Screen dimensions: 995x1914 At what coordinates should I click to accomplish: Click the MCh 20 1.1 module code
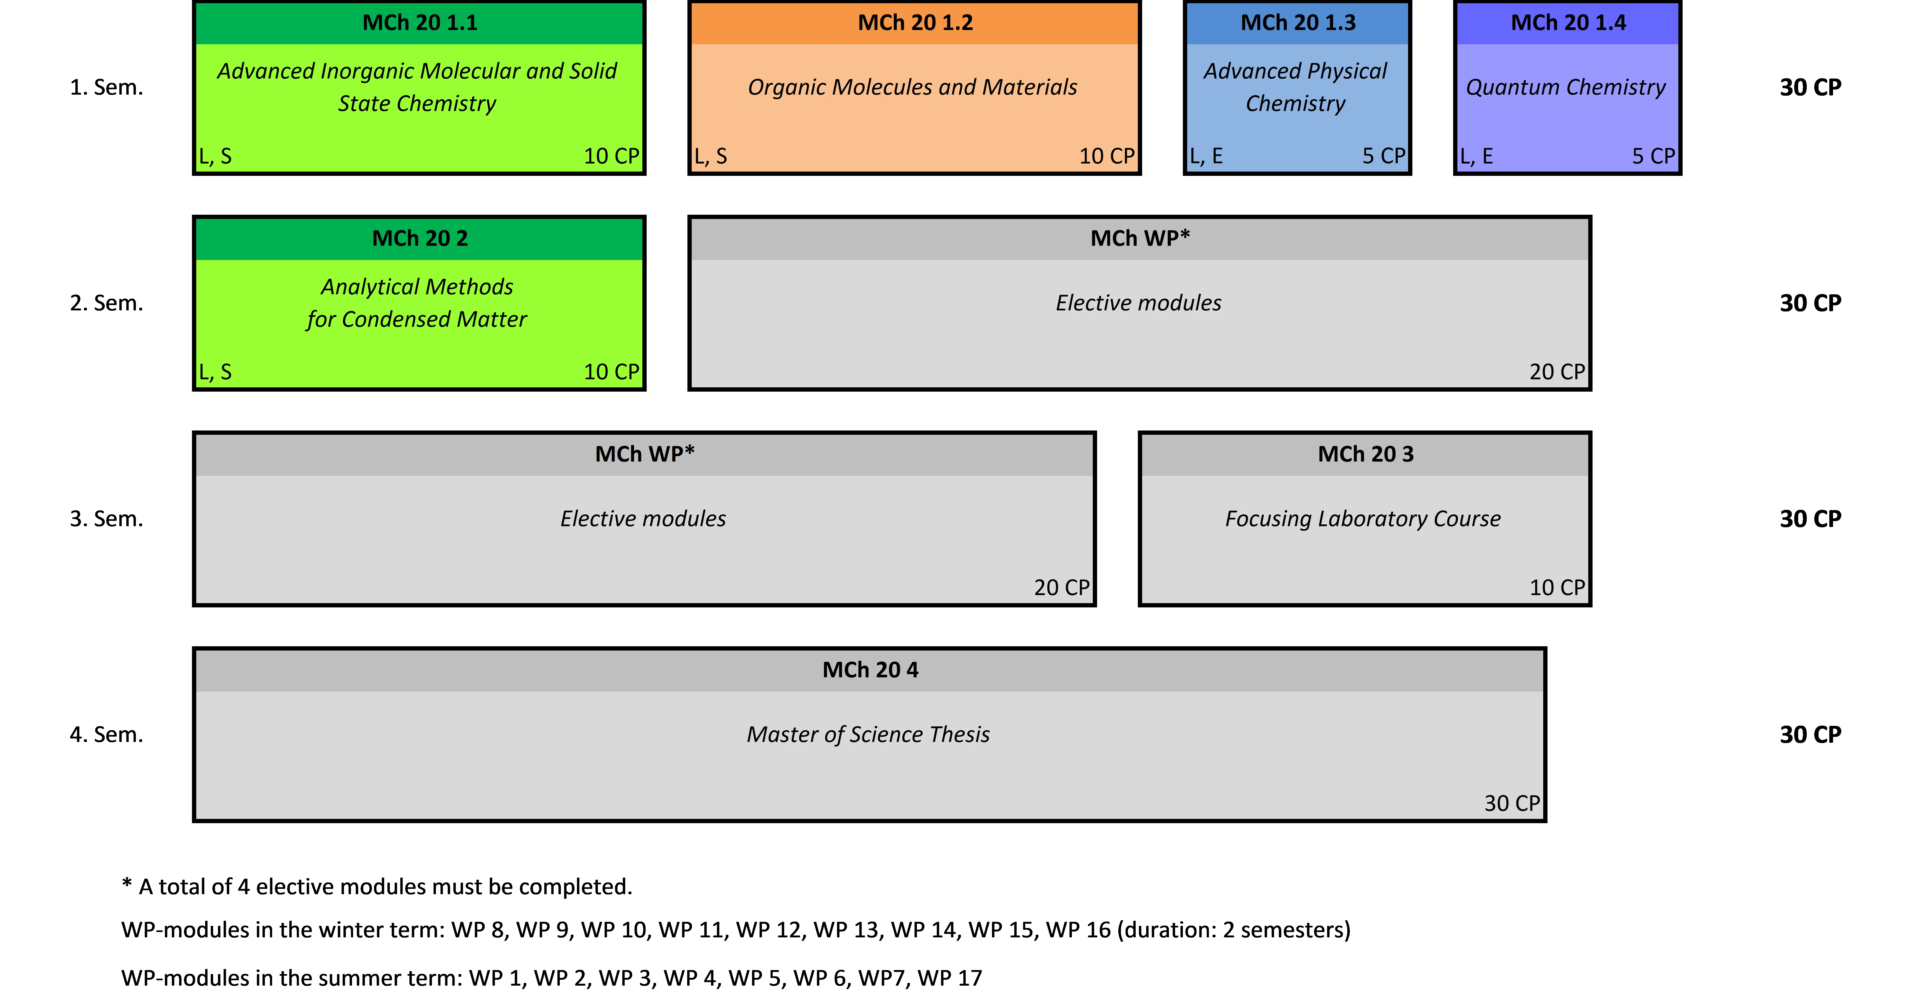pos(420,23)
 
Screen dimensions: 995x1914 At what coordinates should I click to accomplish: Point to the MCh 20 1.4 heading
pos(1568,23)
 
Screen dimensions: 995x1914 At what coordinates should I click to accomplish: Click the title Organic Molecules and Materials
pos(912,87)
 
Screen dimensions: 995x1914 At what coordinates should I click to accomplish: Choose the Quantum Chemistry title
pos(1565,87)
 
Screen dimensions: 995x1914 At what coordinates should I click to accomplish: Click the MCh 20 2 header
pos(420,239)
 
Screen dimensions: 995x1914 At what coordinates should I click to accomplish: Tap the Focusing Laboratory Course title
pos(1363,519)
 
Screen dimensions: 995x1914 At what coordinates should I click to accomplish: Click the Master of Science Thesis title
pos(868,734)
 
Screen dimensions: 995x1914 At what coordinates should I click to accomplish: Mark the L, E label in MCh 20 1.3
pos(1206,156)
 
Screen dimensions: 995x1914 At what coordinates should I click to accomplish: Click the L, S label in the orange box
pos(710,156)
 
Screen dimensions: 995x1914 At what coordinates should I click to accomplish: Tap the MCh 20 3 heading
pos(1366,454)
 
